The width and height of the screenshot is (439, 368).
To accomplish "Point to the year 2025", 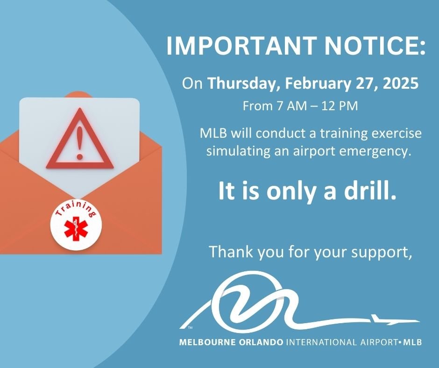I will click(399, 84).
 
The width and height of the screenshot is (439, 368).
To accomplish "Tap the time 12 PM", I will click(340, 106).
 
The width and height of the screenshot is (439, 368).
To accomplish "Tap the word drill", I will click(372, 192).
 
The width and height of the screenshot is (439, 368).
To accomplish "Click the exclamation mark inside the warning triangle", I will click(79, 138).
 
